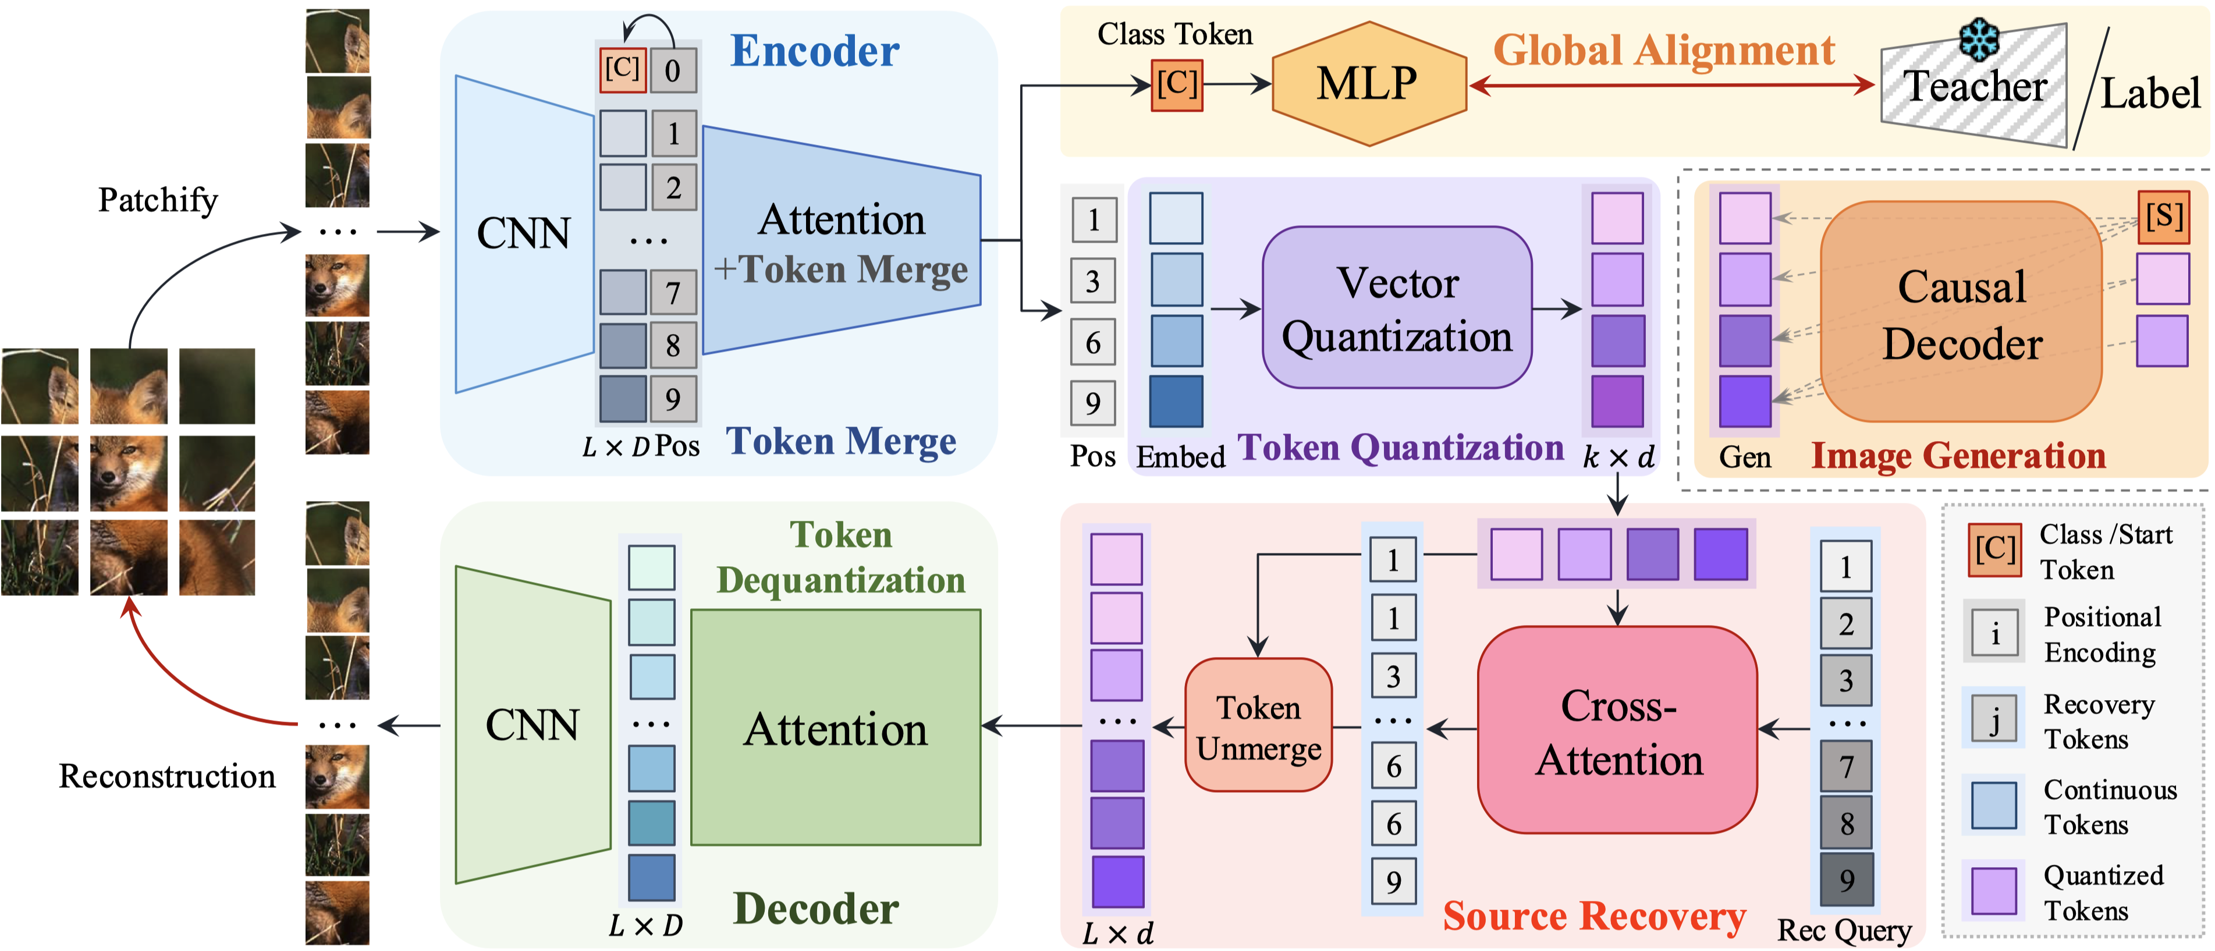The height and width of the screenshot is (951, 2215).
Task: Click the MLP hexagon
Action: [1369, 83]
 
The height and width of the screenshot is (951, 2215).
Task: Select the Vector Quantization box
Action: [1396, 308]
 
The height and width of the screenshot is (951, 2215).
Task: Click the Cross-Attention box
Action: [1617, 730]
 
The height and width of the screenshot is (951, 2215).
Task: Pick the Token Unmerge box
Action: [1258, 725]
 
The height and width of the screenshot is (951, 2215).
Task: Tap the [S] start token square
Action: [2163, 218]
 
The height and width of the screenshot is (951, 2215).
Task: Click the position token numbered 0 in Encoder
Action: [672, 70]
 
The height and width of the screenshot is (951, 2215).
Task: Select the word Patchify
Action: [158, 200]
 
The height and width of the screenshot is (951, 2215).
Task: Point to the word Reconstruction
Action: [167, 776]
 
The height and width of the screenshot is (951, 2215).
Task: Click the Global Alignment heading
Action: [1664, 50]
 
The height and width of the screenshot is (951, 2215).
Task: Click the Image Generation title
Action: [1959, 456]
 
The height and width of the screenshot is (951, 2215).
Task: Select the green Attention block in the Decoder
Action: [836, 728]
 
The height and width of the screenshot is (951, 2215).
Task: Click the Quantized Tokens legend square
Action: [1994, 891]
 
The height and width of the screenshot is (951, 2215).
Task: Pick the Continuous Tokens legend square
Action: [1994, 805]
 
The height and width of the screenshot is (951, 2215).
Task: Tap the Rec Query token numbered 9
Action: [1846, 879]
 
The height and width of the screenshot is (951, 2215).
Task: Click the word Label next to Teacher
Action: [2150, 93]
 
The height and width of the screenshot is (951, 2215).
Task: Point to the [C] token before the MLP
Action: [1176, 85]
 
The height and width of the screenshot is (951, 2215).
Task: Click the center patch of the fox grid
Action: [129, 473]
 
